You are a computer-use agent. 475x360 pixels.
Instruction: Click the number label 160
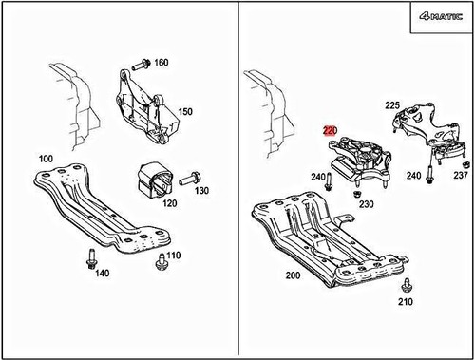161,63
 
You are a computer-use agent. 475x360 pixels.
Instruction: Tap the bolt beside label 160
138,65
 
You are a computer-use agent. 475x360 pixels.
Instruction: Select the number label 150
184,111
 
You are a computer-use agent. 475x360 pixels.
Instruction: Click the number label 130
200,191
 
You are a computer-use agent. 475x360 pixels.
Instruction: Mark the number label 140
102,273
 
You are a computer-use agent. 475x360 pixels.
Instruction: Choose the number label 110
173,256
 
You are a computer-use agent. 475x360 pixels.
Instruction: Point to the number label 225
392,105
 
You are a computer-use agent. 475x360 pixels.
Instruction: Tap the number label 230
366,203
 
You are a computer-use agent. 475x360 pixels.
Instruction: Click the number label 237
461,175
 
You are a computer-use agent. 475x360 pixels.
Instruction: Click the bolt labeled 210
407,286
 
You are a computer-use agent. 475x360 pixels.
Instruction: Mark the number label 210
407,303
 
